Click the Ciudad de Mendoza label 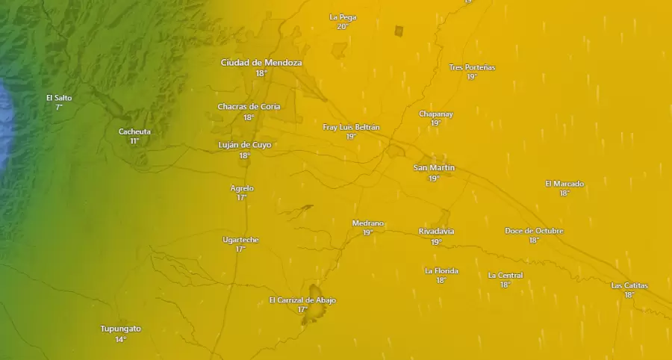(x=261, y=63)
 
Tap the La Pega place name (x=343, y=17)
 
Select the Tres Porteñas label (x=472, y=67)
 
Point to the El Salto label (x=59, y=98)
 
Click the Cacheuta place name (x=134, y=131)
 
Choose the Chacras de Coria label (x=249, y=107)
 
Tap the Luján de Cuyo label (x=244, y=145)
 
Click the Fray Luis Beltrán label (x=351, y=127)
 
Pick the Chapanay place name (x=436, y=114)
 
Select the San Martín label (x=434, y=168)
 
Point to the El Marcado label (x=564, y=184)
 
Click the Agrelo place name (x=242, y=188)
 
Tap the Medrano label (x=367, y=223)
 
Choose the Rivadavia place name (x=436, y=232)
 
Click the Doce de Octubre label (x=534, y=231)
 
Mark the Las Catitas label (x=629, y=285)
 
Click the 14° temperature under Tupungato (x=120, y=340)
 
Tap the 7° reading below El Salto (x=59, y=108)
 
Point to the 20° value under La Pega (x=343, y=27)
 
